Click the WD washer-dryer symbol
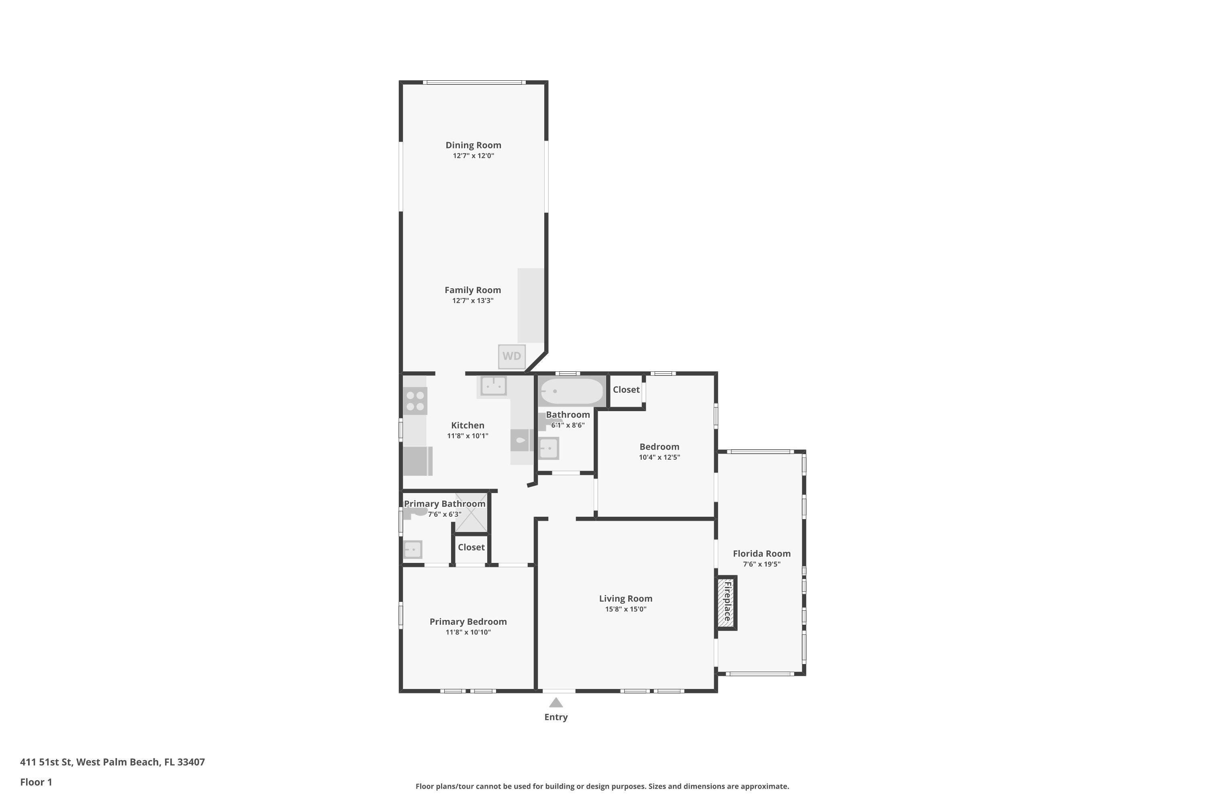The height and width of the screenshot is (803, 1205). coord(511,357)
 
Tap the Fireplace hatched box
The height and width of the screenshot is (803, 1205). coord(726,602)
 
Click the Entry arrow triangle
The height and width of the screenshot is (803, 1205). coord(556,703)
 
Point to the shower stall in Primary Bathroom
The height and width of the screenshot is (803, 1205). coord(471,513)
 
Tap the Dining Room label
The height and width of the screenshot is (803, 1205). coord(473,145)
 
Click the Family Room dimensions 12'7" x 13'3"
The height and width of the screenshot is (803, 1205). coord(472,301)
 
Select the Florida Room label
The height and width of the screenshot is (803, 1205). coord(761,553)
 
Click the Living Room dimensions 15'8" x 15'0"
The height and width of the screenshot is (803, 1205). coord(625,609)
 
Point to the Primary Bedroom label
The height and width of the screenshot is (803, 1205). coord(468,621)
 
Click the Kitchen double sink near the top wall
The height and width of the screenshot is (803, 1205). coord(493,385)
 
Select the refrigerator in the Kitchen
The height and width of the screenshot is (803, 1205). coord(417,461)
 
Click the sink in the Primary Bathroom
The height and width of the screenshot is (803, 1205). coord(413,550)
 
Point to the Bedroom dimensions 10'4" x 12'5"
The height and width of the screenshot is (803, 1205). coord(659,457)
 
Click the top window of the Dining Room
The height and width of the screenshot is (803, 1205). coord(474,82)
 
